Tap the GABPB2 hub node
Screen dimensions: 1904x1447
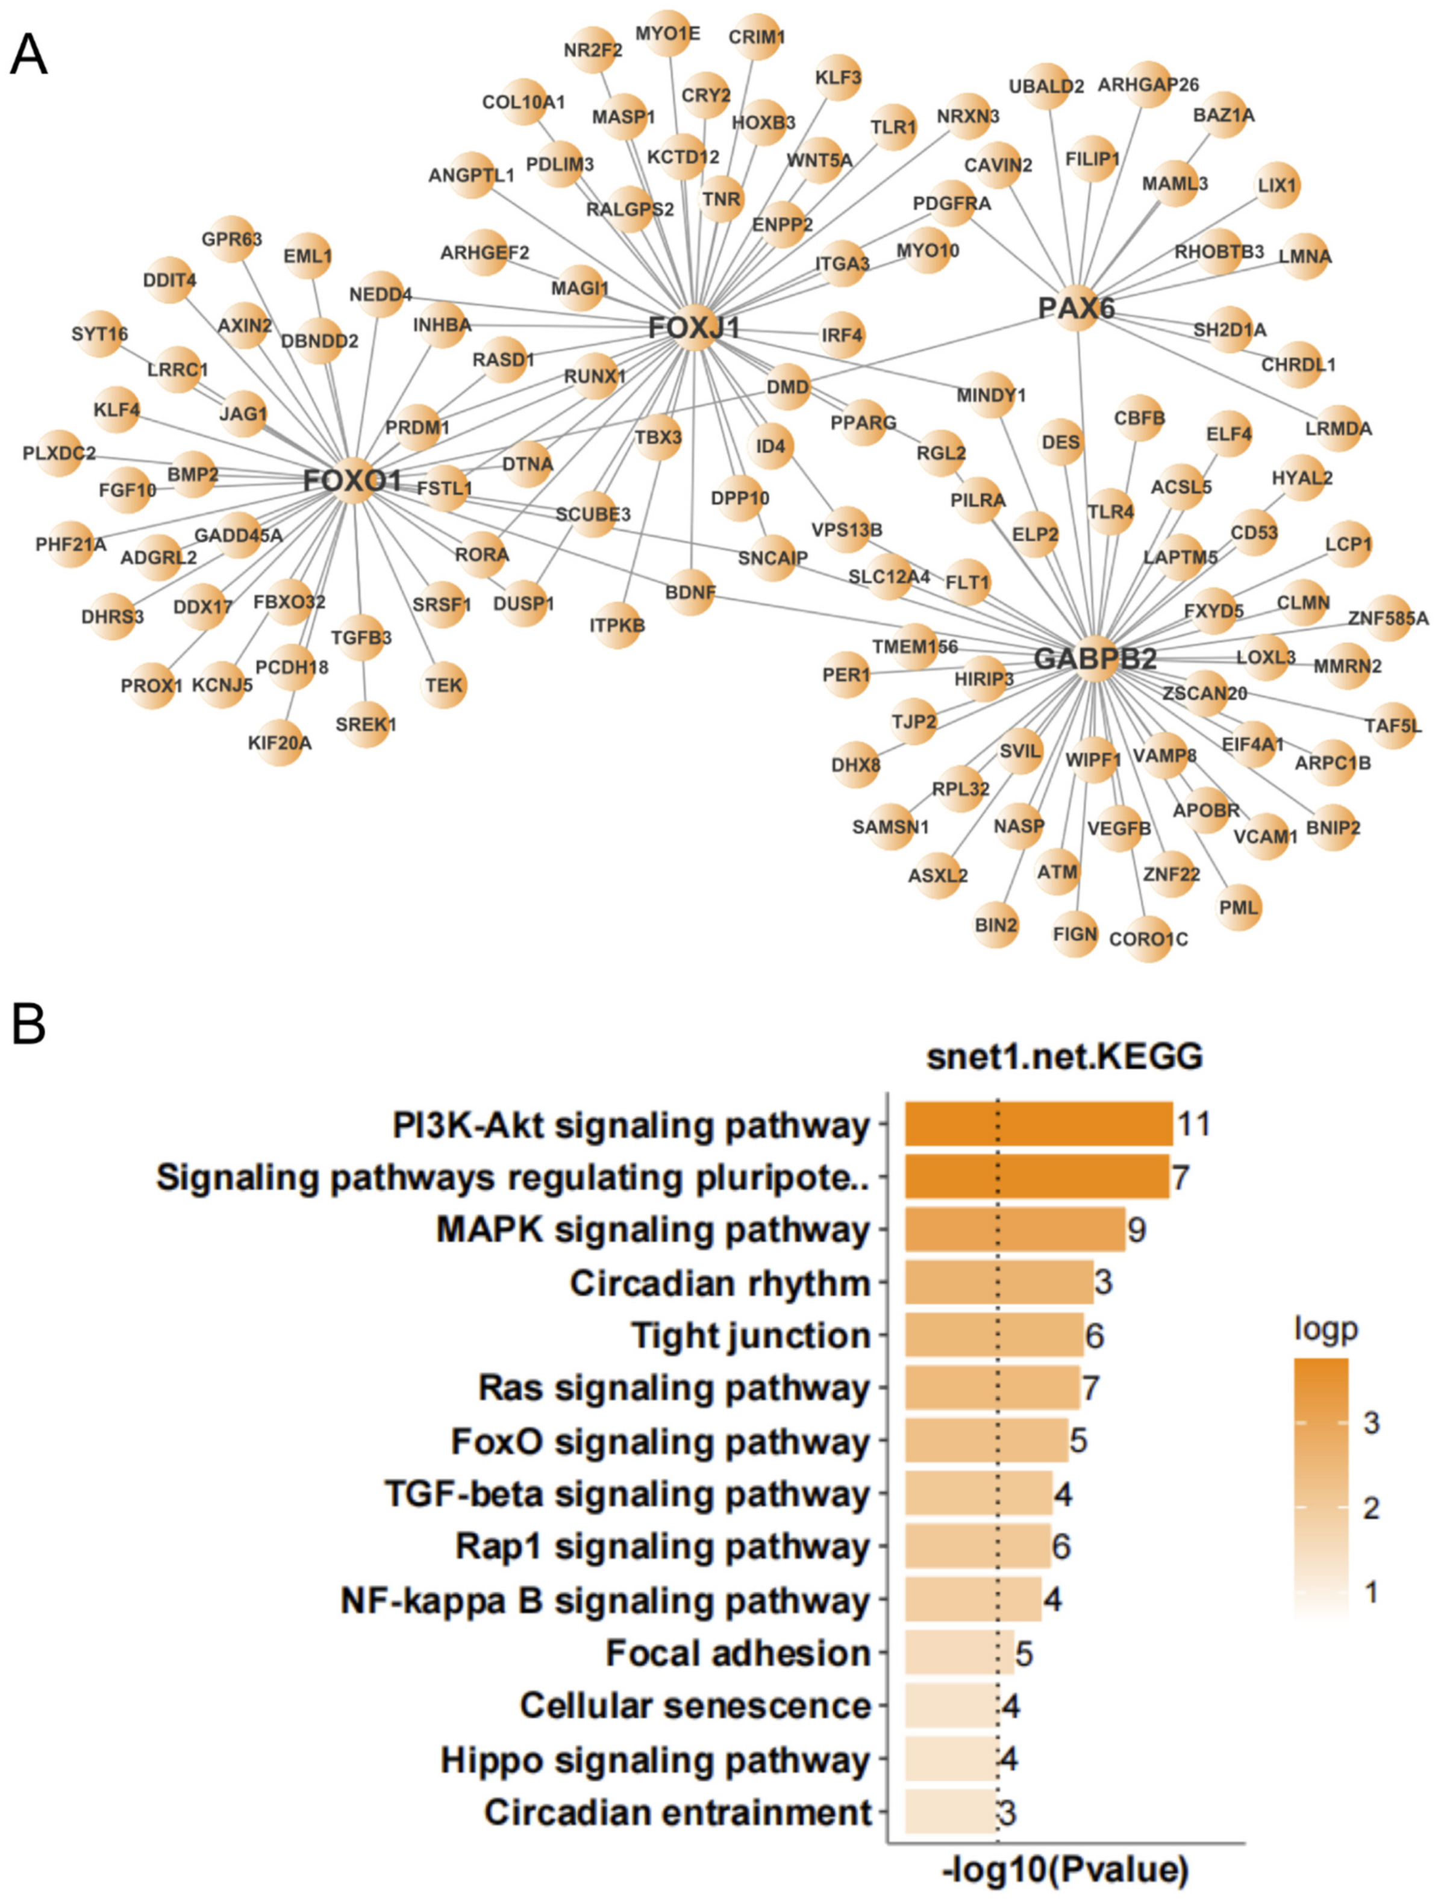pos(1095,659)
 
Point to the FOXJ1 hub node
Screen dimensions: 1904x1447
pos(694,327)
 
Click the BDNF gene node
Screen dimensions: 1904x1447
pos(691,593)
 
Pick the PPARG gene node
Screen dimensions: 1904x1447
pos(863,423)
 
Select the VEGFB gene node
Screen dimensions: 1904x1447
pos(1119,828)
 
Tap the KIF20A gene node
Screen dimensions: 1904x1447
pos(280,741)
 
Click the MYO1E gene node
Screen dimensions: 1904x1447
pos(667,34)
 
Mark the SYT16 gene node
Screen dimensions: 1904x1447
pos(100,333)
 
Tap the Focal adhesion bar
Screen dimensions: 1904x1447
pos(958,1653)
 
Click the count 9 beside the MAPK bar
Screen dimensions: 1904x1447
pos(1137,1230)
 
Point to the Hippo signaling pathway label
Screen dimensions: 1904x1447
pos(655,1760)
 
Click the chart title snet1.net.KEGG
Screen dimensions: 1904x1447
pos(1064,1056)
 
